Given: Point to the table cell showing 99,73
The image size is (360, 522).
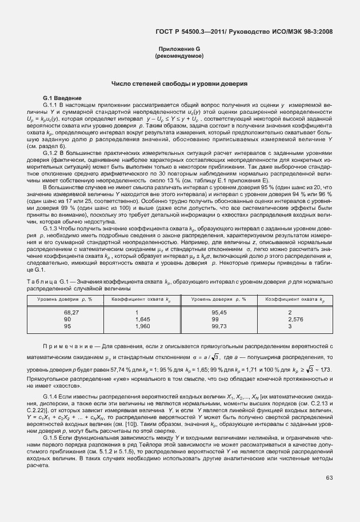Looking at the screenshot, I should [x=219, y=326].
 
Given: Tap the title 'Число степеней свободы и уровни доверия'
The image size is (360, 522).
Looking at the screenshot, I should [x=179, y=84].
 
